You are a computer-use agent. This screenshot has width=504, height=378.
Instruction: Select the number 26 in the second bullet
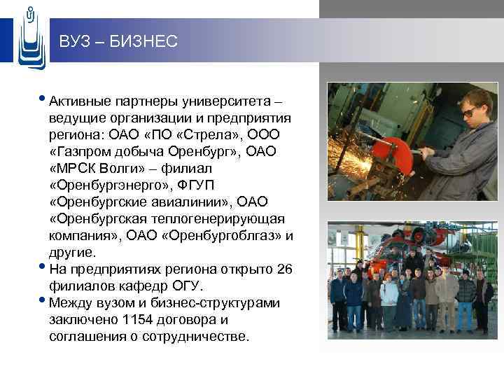point(284,269)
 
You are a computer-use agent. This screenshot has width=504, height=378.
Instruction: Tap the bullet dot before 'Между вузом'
point(44,301)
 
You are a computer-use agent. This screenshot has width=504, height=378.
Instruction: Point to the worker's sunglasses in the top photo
point(470,110)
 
